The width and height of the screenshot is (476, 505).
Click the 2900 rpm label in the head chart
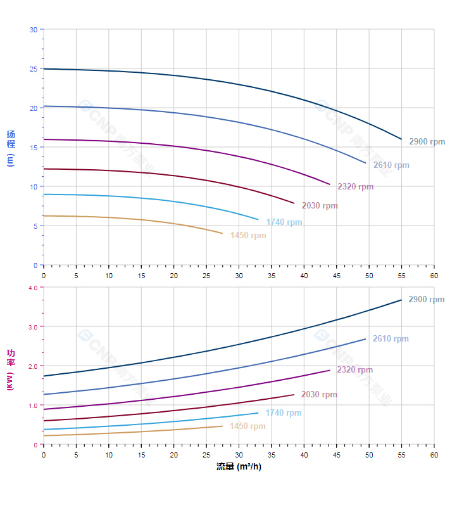coord(427,142)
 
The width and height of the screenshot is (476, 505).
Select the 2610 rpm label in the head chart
coord(391,165)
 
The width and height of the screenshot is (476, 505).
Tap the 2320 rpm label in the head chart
coord(355,187)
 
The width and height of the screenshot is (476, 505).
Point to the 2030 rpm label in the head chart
coord(320,206)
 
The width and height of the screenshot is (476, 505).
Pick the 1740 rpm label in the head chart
coord(284,222)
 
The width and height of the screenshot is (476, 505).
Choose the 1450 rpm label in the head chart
coord(248,236)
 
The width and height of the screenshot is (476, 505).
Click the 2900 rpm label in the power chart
coord(426,300)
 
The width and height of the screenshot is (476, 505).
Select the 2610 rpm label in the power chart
coord(391,339)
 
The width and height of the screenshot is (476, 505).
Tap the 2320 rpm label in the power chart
coord(354,370)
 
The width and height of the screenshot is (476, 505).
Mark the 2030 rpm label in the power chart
coord(319,395)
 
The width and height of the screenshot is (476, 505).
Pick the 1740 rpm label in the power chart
coord(283,413)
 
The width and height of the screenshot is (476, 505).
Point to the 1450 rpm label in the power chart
coord(247,426)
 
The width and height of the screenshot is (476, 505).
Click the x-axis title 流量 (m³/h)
coord(239,467)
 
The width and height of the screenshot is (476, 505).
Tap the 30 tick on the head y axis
coord(34,30)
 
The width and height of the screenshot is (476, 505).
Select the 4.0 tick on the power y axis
coord(33,288)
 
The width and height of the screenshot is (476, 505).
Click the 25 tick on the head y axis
coord(34,69)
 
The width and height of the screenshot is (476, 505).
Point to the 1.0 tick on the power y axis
coord(33,406)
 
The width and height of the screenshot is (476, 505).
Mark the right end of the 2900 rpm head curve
coord(401,139)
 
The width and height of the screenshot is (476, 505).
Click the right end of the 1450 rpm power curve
coord(223,426)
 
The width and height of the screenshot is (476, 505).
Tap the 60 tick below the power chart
coord(434,454)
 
